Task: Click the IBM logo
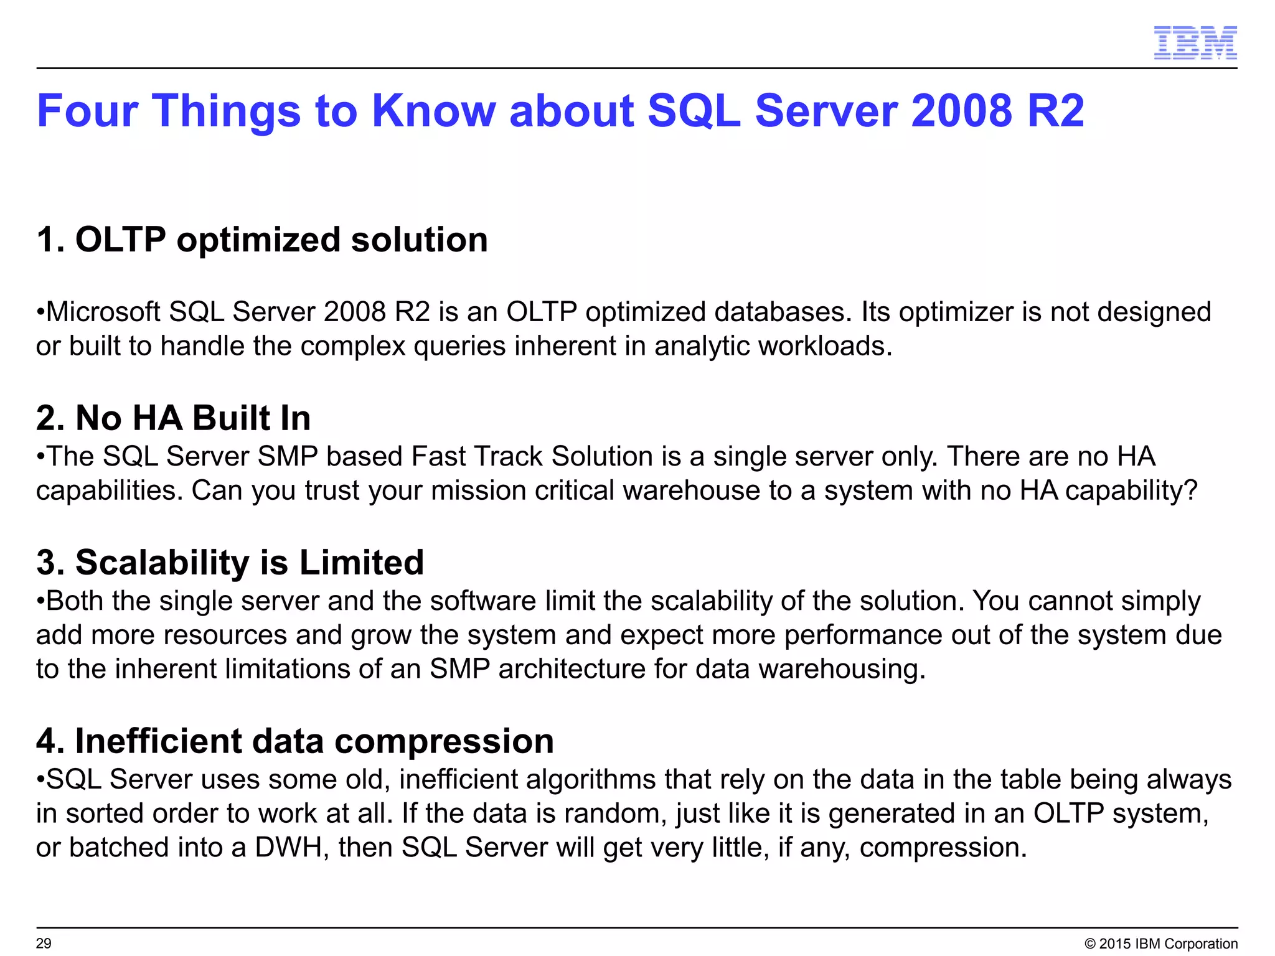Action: pyautogui.click(x=1195, y=43)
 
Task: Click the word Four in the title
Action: pyautogui.click(x=87, y=111)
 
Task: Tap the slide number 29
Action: pyautogui.click(x=44, y=944)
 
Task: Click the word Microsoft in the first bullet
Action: pyautogui.click(x=103, y=312)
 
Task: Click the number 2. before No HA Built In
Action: pyautogui.click(x=50, y=418)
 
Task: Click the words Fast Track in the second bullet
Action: pyautogui.click(x=477, y=456)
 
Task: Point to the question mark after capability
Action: pyautogui.click(x=1190, y=490)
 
